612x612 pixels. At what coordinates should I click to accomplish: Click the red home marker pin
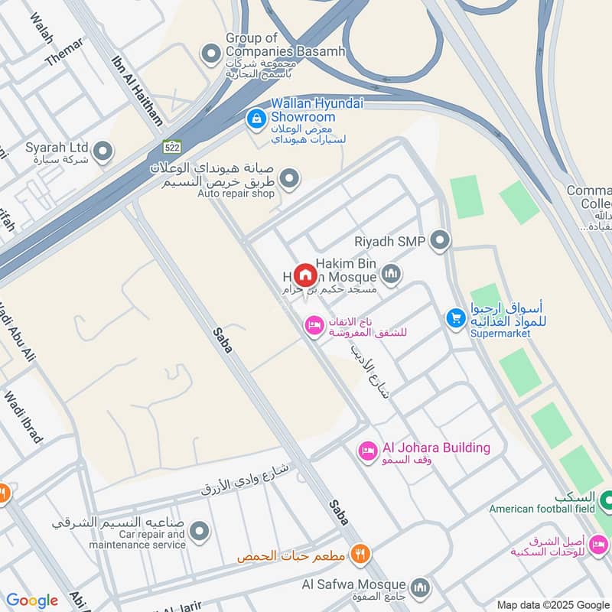[x=304, y=275]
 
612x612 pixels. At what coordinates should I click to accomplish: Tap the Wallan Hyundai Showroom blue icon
[x=256, y=119]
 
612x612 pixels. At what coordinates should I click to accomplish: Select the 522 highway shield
[x=171, y=146]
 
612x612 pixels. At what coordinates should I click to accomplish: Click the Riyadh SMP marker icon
[x=440, y=242]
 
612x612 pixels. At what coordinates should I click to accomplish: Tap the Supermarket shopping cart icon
[x=456, y=317]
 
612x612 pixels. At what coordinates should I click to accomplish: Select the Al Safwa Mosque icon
[x=419, y=588]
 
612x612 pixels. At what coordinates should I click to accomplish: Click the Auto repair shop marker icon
[x=289, y=180]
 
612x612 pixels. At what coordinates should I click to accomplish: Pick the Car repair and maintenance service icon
[x=200, y=532]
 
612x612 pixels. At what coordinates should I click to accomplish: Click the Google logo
[x=31, y=601]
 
